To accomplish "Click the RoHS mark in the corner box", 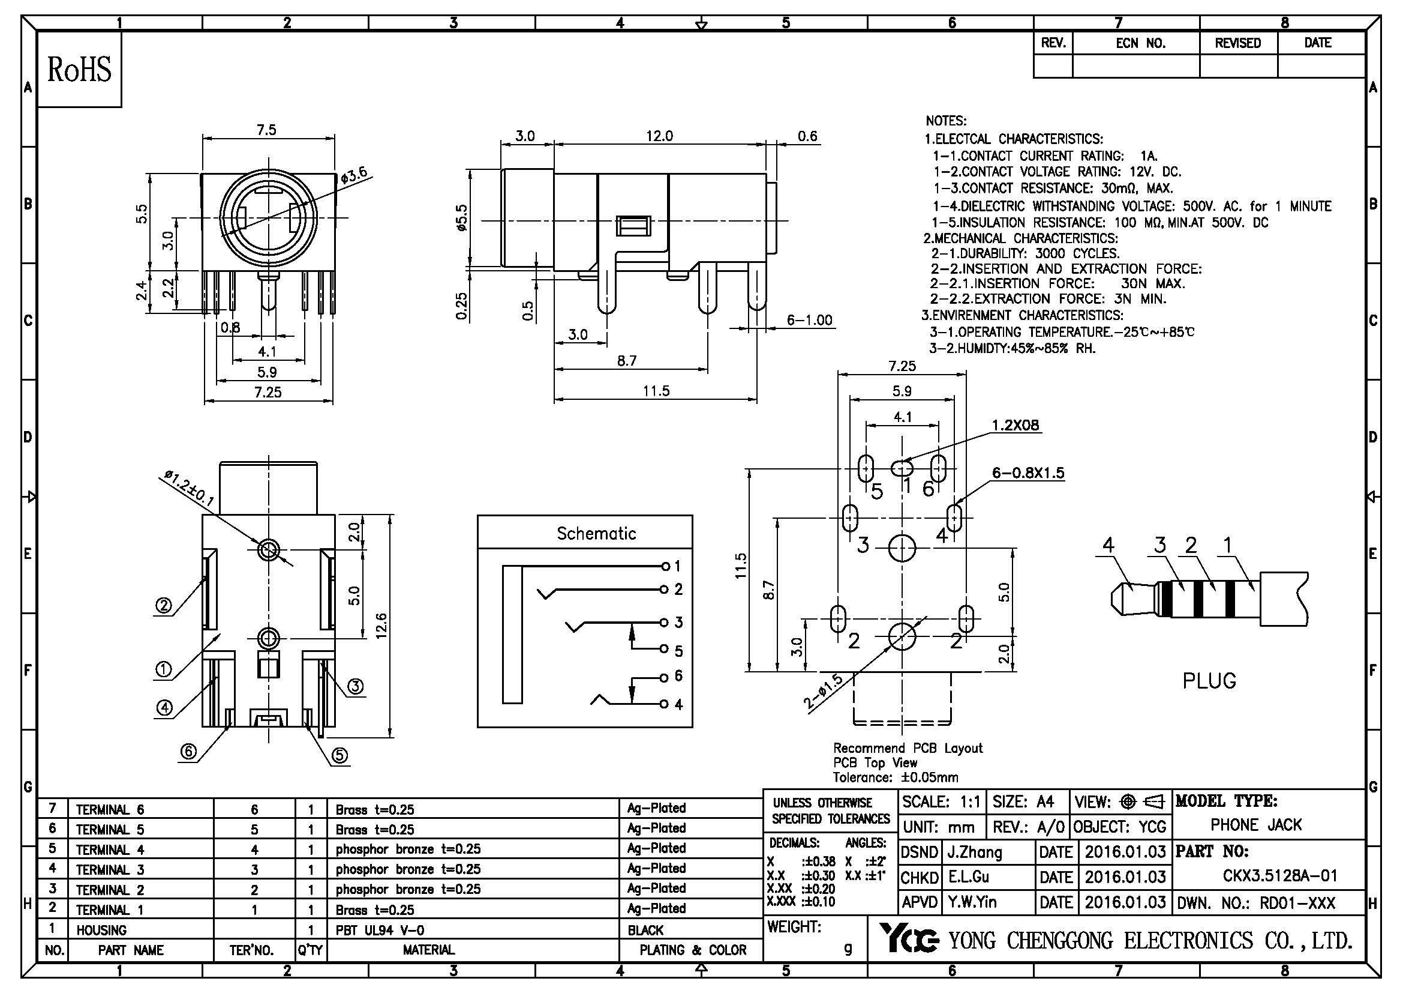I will (79, 69).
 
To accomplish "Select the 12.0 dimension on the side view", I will (659, 136).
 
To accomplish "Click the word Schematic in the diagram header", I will (596, 533).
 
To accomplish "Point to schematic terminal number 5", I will (678, 651).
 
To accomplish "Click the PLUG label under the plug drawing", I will (1209, 681).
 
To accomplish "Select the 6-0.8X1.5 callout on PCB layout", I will (1028, 472).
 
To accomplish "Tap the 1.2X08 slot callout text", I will (1015, 425).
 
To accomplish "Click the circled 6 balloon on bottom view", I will (188, 751).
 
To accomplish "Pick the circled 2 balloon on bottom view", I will (164, 605).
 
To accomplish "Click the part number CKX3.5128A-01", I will (1279, 875).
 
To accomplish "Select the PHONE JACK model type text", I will (1255, 825).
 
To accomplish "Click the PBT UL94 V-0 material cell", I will (380, 930).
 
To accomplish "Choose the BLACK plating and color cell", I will (645, 930).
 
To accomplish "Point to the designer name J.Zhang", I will (975, 852).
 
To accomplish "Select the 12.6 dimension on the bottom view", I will (381, 625).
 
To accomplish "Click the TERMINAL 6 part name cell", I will (110, 809).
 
